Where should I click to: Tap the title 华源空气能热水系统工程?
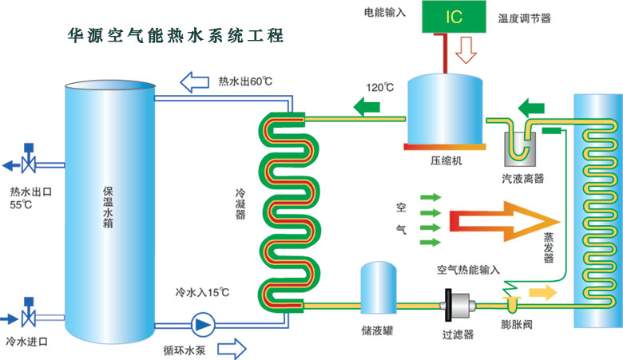click(175, 37)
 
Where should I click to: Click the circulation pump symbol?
click(199, 325)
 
